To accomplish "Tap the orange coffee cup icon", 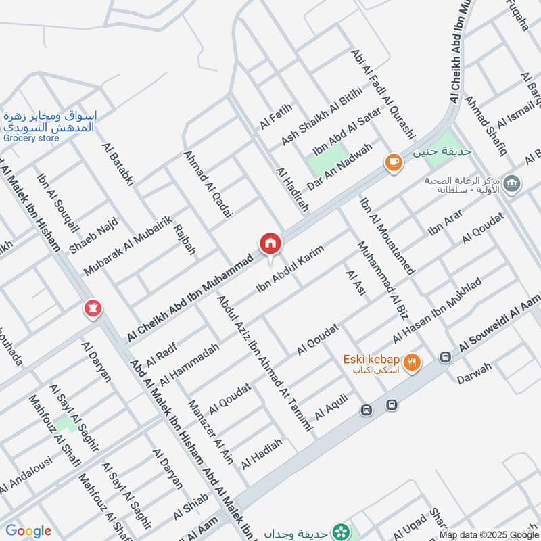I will click(393, 162).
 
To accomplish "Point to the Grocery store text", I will click(31, 139).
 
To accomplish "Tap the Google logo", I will click(28, 531).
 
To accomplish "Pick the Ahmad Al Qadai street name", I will click(208, 183).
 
